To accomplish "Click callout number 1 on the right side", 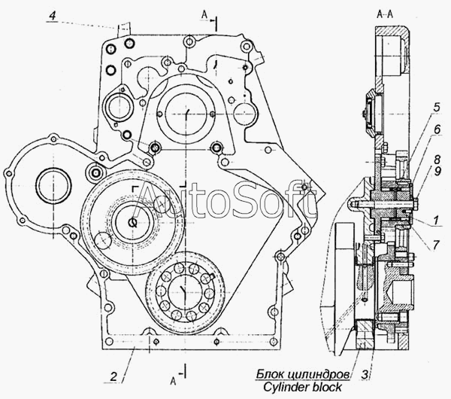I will pyautogui.click(x=436, y=220).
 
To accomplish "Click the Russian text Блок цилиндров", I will pyautogui.click(x=301, y=373).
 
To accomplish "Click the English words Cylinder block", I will pyautogui.click(x=300, y=386).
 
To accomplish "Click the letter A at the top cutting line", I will pyautogui.click(x=204, y=14).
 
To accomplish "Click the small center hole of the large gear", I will pyautogui.click(x=132, y=223).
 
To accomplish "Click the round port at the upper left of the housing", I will pyautogui.click(x=120, y=109).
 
